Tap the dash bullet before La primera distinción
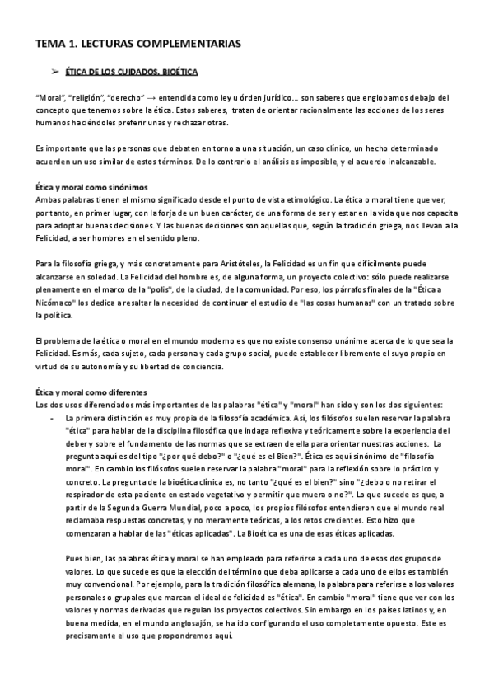pos(52,418)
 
